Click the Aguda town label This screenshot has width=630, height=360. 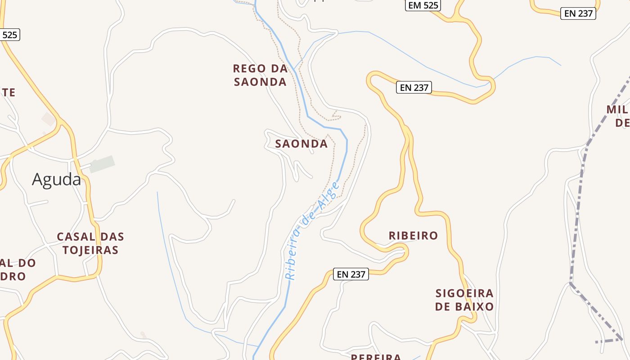(56, 180)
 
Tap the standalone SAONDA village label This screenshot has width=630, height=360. (301, 144)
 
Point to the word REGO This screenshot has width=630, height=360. (249, 68)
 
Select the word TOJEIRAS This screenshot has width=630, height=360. (90, 250)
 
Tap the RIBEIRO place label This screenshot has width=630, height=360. (413, 235)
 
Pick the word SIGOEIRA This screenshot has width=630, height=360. (464, 293)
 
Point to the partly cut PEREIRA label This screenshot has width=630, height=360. (376, 357)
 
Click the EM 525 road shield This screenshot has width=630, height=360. (423, 5)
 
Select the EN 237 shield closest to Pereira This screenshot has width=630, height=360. (351, 274)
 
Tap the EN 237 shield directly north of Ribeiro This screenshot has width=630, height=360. (414, 87)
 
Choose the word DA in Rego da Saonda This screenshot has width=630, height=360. (279, 68)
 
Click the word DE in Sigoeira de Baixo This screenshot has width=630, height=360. (443, 307)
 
